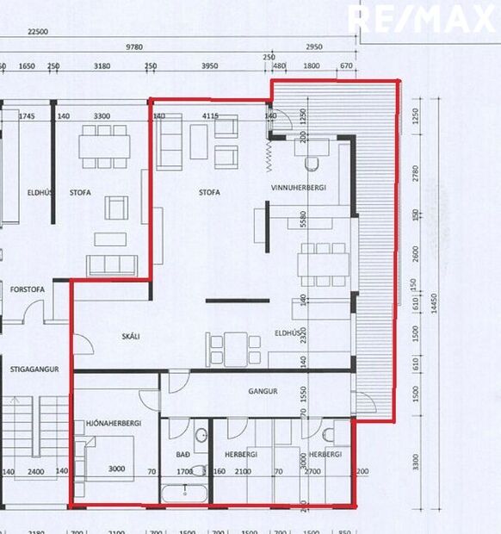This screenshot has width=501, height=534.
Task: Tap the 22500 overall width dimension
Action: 37,32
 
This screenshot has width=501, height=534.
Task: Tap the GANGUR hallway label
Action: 263,391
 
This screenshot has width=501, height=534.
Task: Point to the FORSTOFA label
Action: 27,290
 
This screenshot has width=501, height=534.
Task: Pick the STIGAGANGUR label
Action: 34,369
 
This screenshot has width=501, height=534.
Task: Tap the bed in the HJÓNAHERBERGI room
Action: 108,458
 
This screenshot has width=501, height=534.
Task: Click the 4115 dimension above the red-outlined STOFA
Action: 210,115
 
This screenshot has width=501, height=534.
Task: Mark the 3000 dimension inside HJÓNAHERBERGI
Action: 116,470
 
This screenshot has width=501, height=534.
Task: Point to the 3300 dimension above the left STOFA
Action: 102,115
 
